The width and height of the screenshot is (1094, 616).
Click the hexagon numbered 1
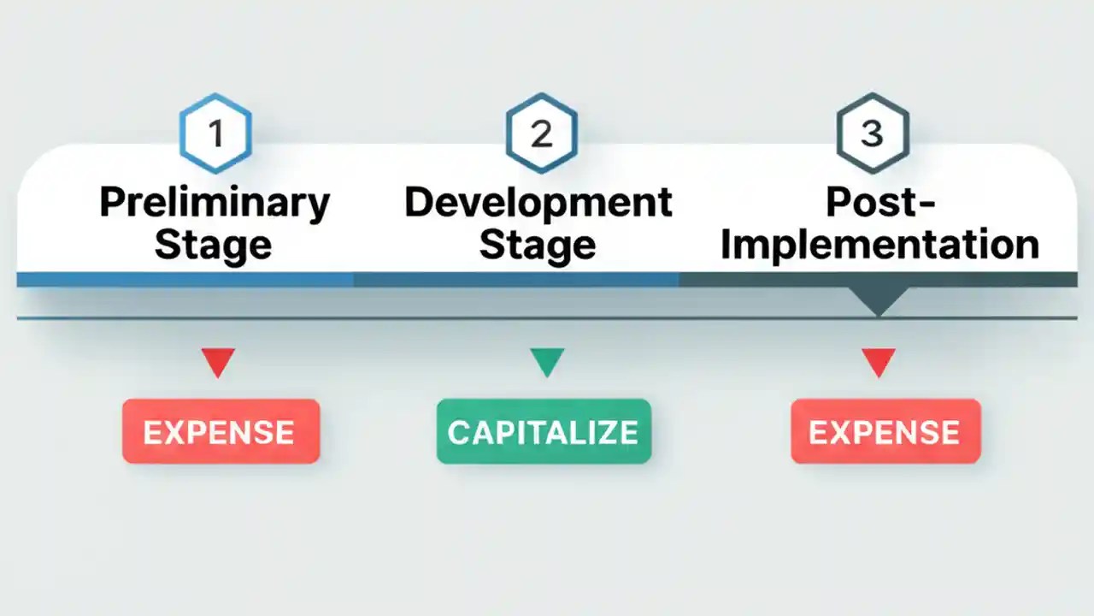point(215,134)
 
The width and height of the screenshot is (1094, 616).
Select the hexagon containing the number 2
point(541,134)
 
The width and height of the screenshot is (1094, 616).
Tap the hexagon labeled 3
point(871,134)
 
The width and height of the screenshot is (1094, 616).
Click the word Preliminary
point(215,203)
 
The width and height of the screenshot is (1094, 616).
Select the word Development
point(538,203)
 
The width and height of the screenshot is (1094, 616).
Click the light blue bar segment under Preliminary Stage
point(185,280)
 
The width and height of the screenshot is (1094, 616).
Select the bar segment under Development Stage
point(516,280)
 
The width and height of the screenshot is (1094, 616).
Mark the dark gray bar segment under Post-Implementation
point(877,280)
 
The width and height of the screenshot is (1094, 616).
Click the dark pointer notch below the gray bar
point(879,302)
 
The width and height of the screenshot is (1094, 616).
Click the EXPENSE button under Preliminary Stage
point(221,431)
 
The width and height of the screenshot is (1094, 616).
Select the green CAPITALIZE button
point(544,431)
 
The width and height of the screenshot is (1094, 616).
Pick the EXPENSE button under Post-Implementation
point(885,431)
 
